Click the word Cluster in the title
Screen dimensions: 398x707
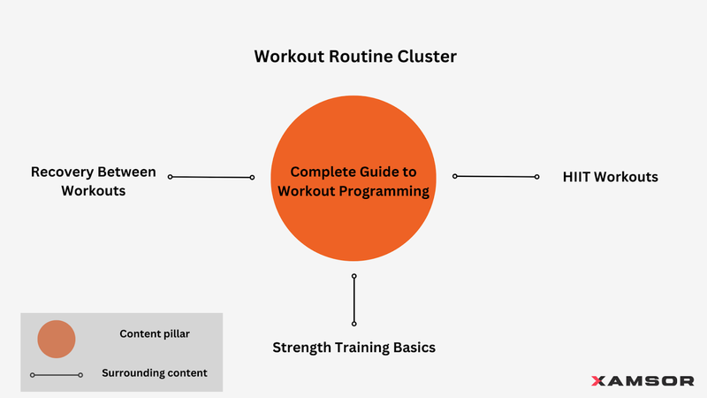click(x=427, y=57)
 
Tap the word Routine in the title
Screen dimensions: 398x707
click(x=359, y=57)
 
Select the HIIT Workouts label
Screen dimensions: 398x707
click(x=610, y=177)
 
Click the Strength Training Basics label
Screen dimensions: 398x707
click(x=353, y=348)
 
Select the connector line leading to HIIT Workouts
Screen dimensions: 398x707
click(x=496, y=177)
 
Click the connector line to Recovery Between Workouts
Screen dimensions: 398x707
click(x=211, y=177)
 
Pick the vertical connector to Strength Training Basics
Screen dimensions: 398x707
click(x=353, y=301)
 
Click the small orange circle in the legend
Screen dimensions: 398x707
click(x=57, y=339)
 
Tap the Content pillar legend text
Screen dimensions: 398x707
click(x=155, y=333)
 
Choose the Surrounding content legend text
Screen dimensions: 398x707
click(x=155, y=373)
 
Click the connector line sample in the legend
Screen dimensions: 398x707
click(x=57, y=375)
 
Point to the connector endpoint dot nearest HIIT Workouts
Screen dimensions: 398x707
click(x=536, y=177)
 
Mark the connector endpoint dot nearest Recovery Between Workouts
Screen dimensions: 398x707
click(x=171, y=177)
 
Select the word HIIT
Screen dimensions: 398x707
click(x=577, y=177)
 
